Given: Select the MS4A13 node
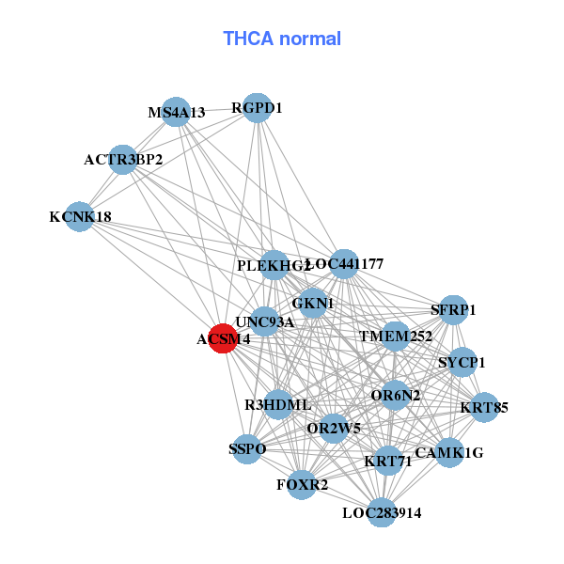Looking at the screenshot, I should [176, 112].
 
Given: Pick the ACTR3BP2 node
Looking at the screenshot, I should [122, 159].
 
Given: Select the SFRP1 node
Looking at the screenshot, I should [453, 309].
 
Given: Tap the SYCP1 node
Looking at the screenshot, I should [462, 361].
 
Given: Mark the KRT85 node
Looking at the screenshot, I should [484, 407].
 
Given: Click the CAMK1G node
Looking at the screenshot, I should [449, 452].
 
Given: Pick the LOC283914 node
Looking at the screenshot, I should [382, 512].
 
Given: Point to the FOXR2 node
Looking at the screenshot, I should [302, 484].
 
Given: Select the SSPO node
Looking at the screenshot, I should [247, 448].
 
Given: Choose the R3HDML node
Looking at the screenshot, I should [278, 404].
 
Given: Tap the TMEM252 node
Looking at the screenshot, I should [395, 336].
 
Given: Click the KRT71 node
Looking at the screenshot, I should [387, 461].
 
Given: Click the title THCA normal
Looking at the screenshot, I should [281, 39].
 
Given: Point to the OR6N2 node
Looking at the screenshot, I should [396, 395].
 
